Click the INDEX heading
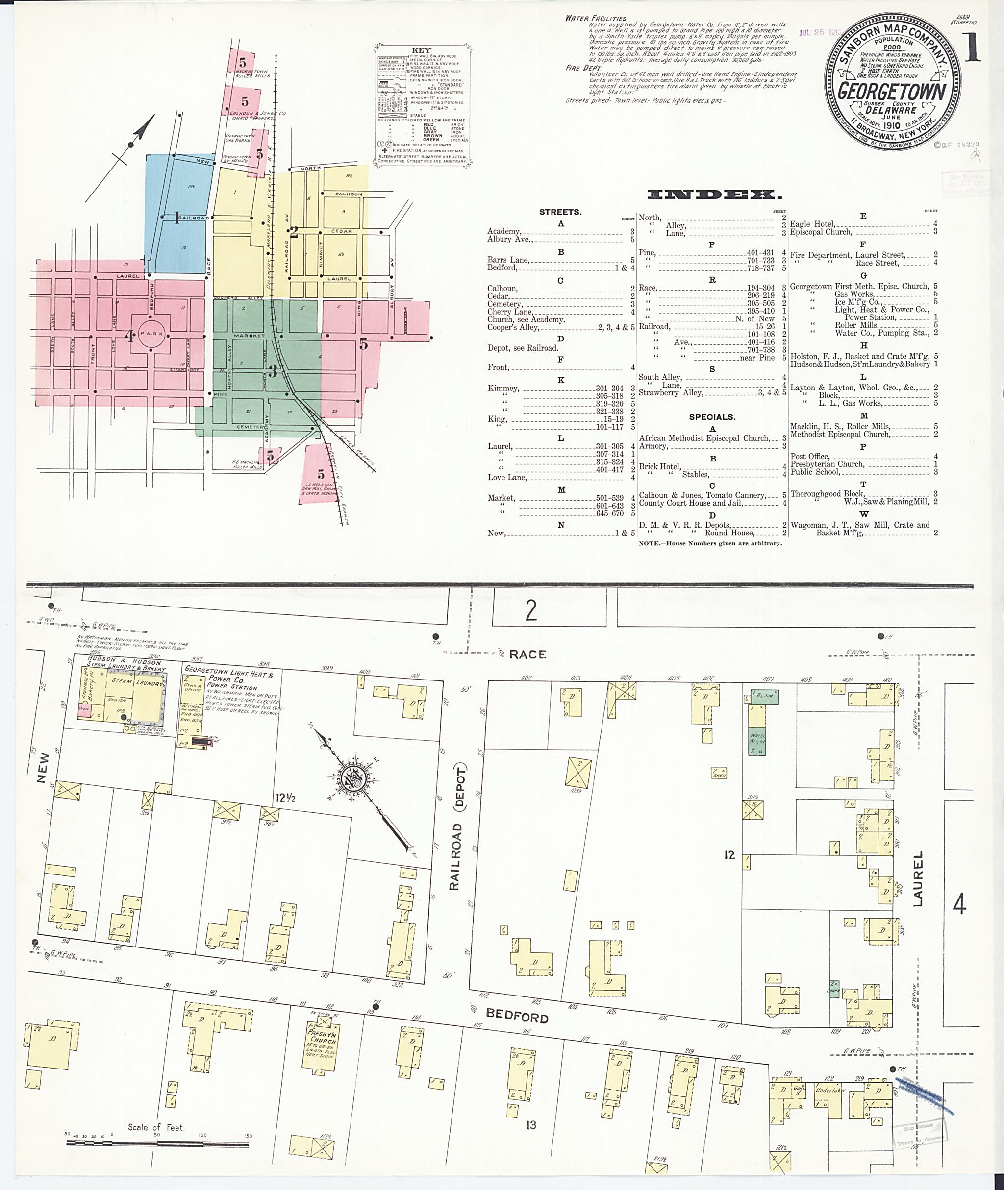click(x=711, y=194)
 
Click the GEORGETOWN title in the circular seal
click(x=892, y=91)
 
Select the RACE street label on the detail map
click(x=527, y=654)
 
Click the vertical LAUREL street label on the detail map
click(x=918, y=878)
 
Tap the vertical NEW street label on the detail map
click(x=43, y=767)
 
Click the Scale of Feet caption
click(x=156, y=1127)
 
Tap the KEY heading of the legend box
click(x=421, y=50)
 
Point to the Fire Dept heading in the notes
click(x=580, y=68)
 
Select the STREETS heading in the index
click(x=560, y=212)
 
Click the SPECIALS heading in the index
click(x=711, y=417)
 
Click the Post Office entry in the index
click(x=810, y=456)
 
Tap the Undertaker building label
click(x=831, y=1090)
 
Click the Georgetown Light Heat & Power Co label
click(x=229, y=676)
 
